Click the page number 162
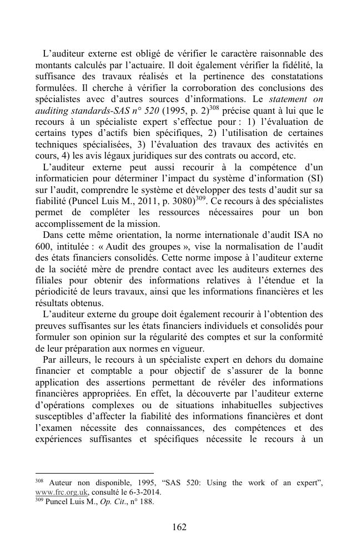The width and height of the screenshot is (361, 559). click(x=179, y=527)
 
